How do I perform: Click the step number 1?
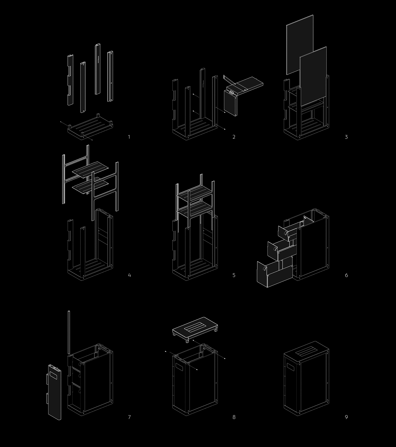(129, 137)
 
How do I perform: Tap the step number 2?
(234, 137)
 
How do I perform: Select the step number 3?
(346, 137)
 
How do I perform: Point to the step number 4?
(129, 275)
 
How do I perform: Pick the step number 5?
(234, 275)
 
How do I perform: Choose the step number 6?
(346, 275)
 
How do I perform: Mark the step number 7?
(129, 417)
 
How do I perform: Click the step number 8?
(234, 417)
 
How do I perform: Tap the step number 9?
(346, 417)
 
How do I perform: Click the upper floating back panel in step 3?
(300, 44)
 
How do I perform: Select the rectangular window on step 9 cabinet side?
(290, 368)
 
